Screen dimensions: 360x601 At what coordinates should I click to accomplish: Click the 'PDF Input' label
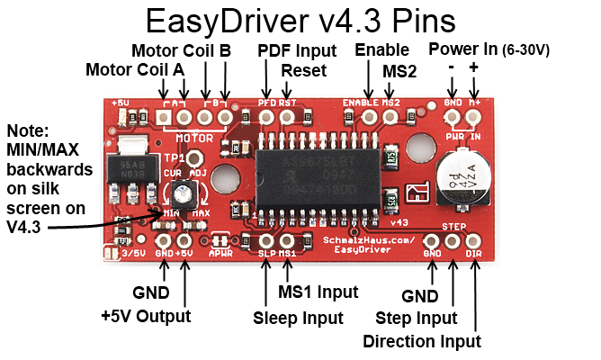[x=297, y=49]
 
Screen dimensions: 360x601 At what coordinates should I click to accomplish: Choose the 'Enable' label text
[x=381, y=49]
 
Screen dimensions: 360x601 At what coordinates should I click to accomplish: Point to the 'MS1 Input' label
[x=318, y=292]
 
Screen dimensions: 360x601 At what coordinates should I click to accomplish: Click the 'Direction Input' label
[x=422, y=341]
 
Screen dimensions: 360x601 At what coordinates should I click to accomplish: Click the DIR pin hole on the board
[x=473, y=240]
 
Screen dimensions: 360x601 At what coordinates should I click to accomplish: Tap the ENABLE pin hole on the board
[x=370, y=115]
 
